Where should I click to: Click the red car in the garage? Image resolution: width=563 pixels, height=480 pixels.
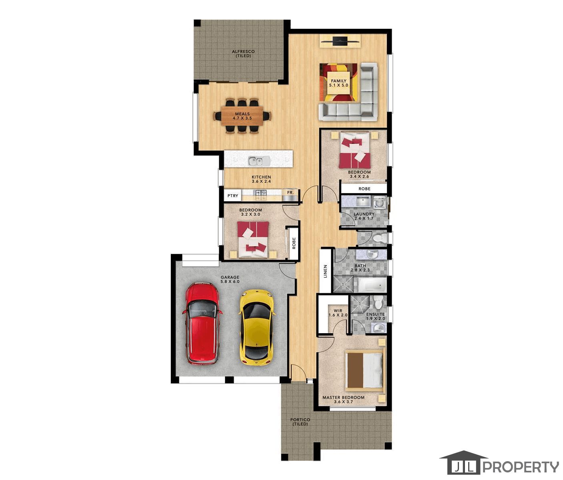(202, 323)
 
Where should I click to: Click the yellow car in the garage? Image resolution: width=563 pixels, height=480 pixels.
(256, 327)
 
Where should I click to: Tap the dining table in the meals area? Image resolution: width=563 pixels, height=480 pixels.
(242, 116)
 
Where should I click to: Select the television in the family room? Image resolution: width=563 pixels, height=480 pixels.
(340, 41)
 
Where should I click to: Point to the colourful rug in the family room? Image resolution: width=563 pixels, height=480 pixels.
(338, 82)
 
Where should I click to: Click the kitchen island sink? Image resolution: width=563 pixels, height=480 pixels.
(259, 161)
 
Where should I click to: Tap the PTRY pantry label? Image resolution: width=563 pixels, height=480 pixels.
(233, 196)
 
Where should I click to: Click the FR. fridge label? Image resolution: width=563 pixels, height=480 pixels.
(291, 192)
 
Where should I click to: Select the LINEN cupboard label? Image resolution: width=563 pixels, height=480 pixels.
(325, 271)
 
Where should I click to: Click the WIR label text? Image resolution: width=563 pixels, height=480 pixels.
(338, 310)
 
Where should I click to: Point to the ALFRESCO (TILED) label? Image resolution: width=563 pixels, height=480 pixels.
(243, 53)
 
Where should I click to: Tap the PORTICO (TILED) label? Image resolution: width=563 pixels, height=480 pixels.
(300, 422)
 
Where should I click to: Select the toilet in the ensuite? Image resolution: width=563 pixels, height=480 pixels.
(379, 302)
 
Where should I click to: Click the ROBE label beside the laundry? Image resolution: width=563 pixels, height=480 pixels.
(365, 189)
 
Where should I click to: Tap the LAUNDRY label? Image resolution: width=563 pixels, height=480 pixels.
(364, 214)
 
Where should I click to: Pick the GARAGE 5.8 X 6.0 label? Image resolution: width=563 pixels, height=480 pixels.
(230, 279)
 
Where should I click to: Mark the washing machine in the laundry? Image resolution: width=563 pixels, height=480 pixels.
(379, 202)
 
